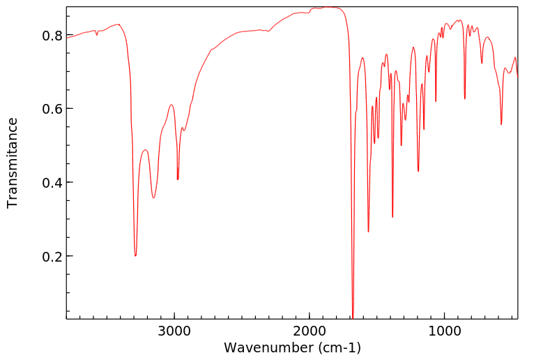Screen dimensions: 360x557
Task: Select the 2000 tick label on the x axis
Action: (x=310, y=331)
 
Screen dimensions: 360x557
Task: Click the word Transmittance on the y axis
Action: (x=13, y=163)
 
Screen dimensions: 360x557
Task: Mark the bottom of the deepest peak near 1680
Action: (x=353, y=317)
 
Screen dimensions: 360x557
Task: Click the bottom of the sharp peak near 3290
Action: (x=135, y=255)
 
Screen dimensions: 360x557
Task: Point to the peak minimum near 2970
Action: (x=178, y=179)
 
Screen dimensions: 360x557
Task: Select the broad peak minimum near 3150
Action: (x=154, y=197)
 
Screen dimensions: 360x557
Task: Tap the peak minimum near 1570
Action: (x=368, y=232)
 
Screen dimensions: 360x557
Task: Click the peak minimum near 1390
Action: (x=392, y=217)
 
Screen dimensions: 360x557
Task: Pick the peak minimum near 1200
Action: (x=418, y=171)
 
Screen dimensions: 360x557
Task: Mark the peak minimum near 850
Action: (x=465, y=99)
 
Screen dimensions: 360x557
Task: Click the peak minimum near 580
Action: (x=501, y=124)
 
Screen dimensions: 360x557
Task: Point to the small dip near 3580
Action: (x=97, y=35)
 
